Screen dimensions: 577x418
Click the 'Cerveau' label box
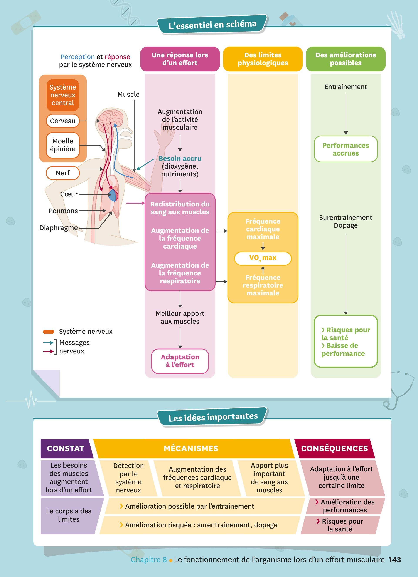point(63,121)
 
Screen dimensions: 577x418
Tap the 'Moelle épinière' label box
point(63,145)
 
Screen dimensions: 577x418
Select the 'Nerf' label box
point(63,173)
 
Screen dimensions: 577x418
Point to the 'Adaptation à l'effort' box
point(180,361)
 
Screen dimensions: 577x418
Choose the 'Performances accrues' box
point(346,149)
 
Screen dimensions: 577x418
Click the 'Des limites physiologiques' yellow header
point(263,59)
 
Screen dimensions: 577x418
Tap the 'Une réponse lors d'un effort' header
point(180,59)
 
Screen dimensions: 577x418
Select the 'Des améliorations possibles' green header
point(346,59)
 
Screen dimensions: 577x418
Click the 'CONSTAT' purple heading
point(66,448)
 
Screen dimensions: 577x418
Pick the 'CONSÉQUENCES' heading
point(334,448)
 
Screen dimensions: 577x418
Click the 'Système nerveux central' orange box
point(63,95)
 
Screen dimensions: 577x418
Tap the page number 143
point(395,560)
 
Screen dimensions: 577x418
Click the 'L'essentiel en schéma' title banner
point(212,24)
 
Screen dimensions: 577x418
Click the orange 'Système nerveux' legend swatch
point(48,332)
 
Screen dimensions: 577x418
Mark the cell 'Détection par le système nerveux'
point(128,478)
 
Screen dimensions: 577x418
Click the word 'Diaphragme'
point(59,228)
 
